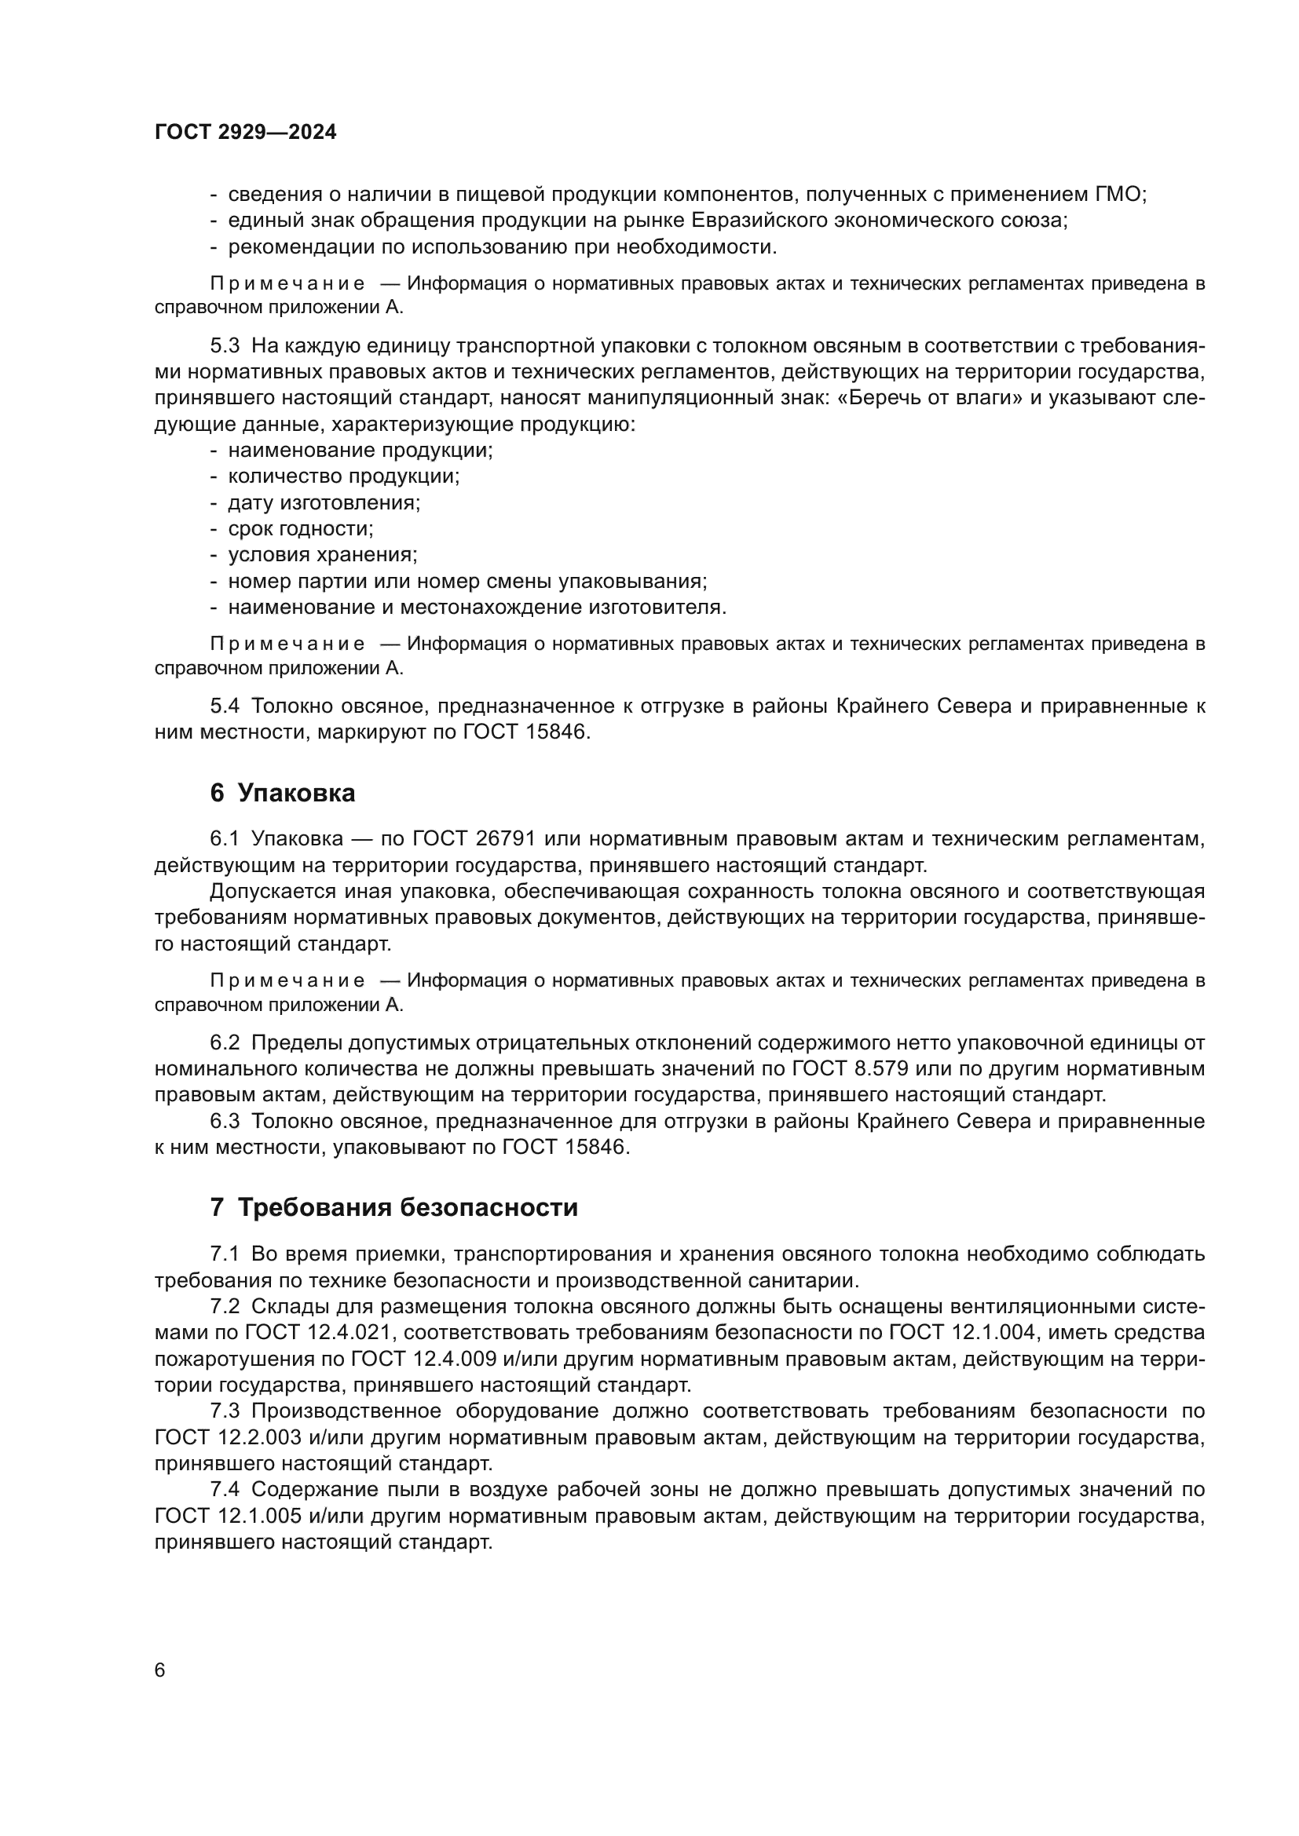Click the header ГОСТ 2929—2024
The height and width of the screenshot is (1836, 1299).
[x=245, y=133]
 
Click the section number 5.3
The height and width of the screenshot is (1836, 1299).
[x=225, y=345]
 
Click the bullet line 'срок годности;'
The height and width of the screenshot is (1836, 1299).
[x=300, y=528]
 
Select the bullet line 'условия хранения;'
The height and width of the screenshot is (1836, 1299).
[x=322, y=555]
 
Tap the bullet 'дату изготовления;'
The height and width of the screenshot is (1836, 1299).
[x=324, y=503]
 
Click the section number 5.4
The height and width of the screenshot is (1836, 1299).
[x=225, y=706]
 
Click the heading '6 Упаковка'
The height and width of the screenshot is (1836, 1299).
[x=283, y=794]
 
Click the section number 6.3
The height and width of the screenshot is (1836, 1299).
[x=225, y=1121]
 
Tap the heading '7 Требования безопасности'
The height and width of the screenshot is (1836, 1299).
[x=393, y=1207]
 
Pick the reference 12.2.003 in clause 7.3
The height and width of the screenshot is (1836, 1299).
[x=259, y=1437]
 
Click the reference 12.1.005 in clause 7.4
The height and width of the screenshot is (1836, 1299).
[x=259, y=1515]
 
